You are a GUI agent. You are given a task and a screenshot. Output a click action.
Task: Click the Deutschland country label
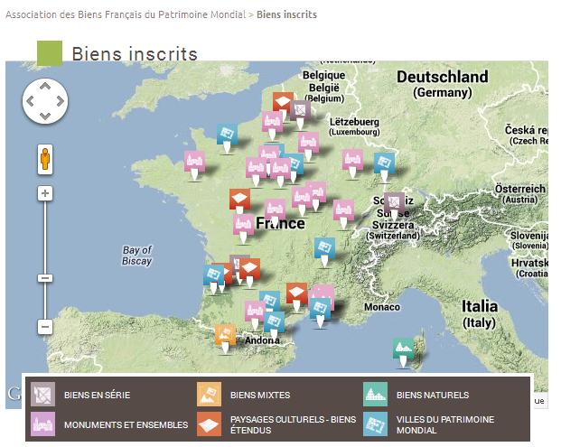[x=442, y=78]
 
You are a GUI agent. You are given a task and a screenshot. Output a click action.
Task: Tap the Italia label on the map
[x=479, y=306]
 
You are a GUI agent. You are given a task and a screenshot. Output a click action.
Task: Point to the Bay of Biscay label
[x=137, y=256]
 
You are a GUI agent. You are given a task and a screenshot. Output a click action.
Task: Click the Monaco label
[x=381, y=308]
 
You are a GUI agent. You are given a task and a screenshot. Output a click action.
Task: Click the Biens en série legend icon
[x=43, y=395]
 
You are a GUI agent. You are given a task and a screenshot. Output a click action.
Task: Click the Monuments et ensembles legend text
[x=126, y=424]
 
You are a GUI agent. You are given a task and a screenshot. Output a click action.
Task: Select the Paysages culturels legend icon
[x=210, y=424]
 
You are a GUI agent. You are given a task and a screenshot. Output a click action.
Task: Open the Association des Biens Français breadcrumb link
[x=126, y=15]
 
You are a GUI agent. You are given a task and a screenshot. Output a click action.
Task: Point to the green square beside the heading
[x=50, y=54]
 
